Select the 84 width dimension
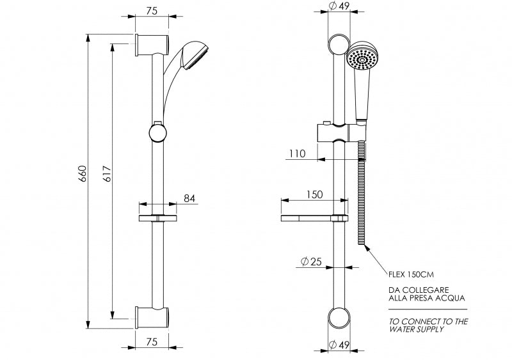click(189, 198)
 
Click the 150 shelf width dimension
click(314, 194)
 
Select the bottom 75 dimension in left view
click(152, 342)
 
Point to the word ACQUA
click(457, 297)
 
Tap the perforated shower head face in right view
click(362, 60)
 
